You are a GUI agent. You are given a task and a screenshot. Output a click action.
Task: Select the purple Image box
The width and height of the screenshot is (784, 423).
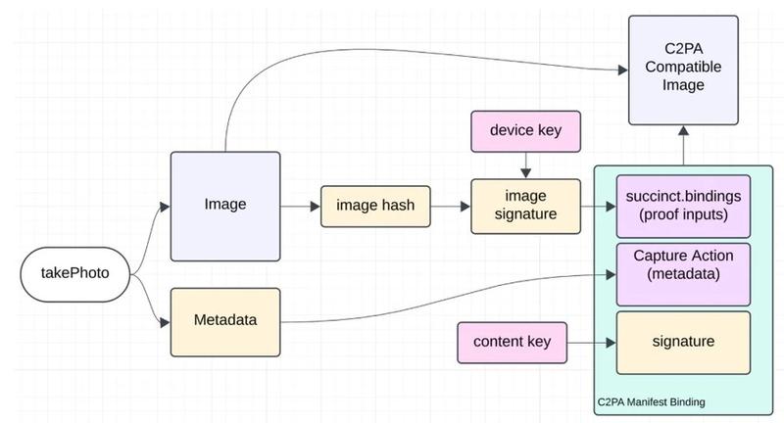pos(224,206)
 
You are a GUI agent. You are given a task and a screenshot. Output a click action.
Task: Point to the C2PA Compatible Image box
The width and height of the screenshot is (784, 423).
pos(682,70)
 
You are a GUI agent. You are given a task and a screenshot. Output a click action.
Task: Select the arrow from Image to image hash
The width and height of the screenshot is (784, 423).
pos(301,207)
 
